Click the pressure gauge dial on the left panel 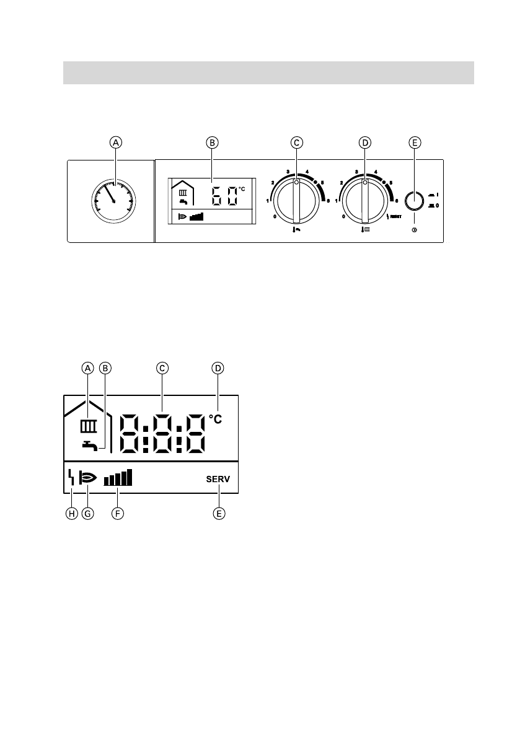coord(115,200)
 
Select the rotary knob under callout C coord(296,201)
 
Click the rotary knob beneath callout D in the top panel coord(364,201)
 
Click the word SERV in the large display coord(218,479)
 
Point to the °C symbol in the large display coord(214,420)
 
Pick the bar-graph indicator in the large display coord(118,478)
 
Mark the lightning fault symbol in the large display coord(71,478)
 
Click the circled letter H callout coord(72,514)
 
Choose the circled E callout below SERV coord(218,514)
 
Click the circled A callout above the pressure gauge coord(115,142)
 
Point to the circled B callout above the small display coord(212,142)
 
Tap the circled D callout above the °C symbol coord(218,368)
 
